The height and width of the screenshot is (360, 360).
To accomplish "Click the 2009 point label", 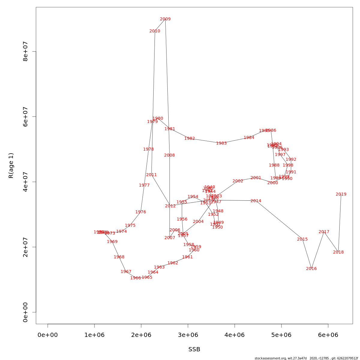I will coord(165,19).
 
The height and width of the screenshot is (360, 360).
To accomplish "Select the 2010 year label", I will coord(155,31).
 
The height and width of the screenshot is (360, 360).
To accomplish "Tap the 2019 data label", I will coord(341,194).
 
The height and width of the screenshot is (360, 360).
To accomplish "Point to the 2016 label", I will coord(311,269).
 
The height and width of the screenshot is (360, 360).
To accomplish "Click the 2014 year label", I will coord(256,201).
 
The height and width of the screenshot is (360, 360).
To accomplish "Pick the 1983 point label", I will coord(221,143).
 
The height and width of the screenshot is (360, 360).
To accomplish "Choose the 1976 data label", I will coord(141,212).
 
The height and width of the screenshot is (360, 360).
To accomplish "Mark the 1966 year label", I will coord(136,278).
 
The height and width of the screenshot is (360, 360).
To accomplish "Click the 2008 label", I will coord(169,155).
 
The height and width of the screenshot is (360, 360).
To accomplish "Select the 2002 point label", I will coord(238,181).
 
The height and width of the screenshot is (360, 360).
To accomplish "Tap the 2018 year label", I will coord(338,252).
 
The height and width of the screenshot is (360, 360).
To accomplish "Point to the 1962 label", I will coord(173,263).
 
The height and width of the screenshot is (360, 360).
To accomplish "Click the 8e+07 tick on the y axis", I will coord(25,51).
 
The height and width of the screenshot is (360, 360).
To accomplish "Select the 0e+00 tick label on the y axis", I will coord(25,312).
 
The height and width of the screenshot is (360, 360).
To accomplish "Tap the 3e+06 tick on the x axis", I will coord(188,335).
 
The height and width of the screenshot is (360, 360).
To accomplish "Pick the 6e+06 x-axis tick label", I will coord(328,335).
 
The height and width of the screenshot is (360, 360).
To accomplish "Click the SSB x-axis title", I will coord(194,349).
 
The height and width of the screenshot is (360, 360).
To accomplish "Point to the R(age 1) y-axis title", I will coord(11,166).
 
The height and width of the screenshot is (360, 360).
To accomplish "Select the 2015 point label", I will coord(302,239).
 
